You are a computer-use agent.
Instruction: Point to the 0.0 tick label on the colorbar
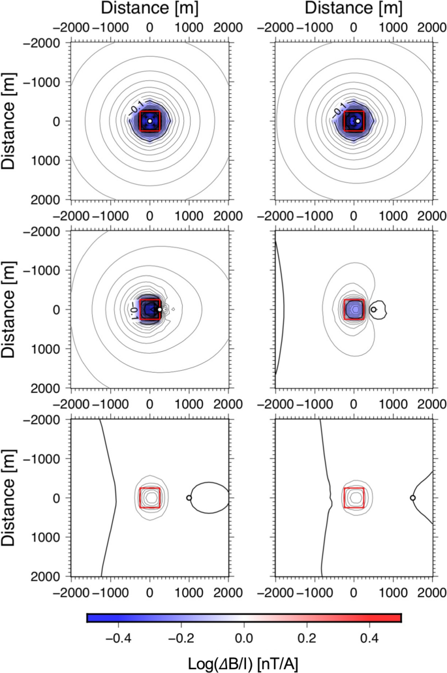point(243,636)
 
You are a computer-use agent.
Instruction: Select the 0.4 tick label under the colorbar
point(368,636)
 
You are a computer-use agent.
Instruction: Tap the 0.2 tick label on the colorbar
point(305,636)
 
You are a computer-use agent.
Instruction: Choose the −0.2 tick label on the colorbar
point(181,636)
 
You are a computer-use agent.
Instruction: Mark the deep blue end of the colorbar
point(91,618)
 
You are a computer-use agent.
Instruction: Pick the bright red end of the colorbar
point(396,618)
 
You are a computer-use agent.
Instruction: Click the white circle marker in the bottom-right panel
point(412,498)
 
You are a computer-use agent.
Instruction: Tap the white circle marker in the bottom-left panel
point(189,498)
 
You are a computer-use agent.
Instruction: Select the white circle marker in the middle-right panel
point(373,309)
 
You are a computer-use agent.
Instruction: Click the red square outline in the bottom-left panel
point(140,498)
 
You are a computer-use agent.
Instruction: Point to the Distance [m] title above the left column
point(149,9)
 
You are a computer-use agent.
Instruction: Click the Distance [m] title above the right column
point(354,9)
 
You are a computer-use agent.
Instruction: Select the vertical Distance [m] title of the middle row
point(11,309)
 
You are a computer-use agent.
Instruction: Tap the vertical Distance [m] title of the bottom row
point(11,498)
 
